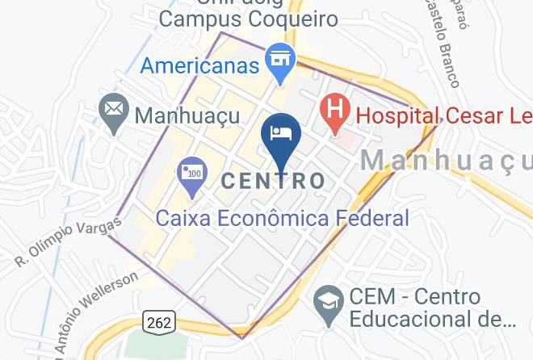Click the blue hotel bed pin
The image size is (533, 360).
click(x=282, y=135)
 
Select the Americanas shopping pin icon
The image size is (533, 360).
click(x=280, y=61)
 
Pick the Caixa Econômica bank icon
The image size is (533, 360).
click(x=192, y=175)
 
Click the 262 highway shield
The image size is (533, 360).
click(x=159, y=322)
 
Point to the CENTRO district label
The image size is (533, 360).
click(x=272, y=181)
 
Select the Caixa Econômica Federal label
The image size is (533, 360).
click(x=282, y=218)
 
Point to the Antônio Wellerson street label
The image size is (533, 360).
click(x=89, y=315)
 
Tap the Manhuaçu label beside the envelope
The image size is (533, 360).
click(x=187, y=115)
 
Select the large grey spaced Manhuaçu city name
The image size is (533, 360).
click(x=445, y=160)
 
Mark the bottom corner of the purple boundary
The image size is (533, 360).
click(x=241, y=337)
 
